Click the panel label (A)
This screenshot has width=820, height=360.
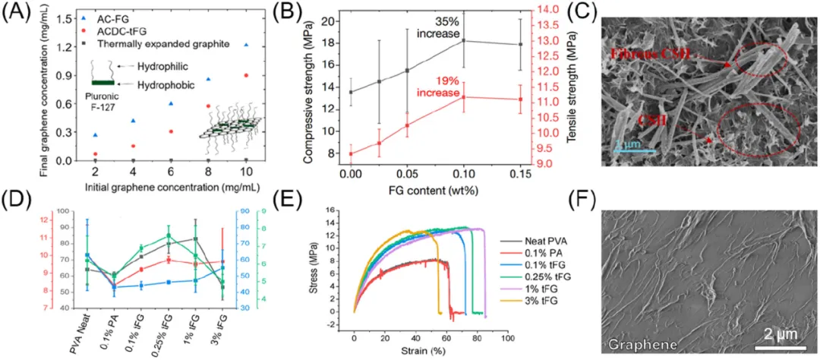click(x=17, y=13)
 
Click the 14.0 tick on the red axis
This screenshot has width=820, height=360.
click(x=560, y=10)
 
